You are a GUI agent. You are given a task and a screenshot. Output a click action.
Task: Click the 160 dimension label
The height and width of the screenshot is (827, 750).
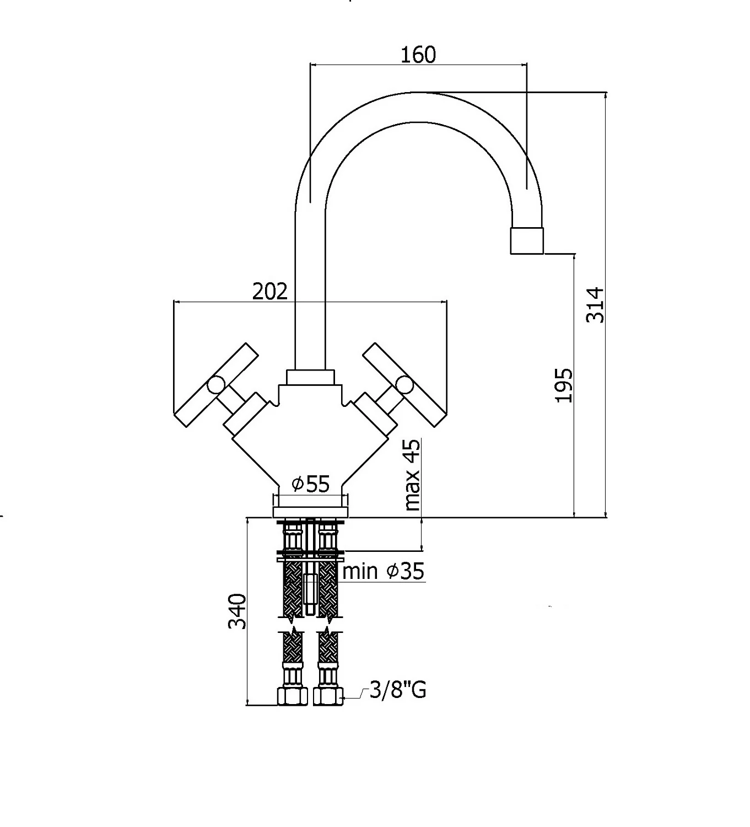click(x=418, y=55)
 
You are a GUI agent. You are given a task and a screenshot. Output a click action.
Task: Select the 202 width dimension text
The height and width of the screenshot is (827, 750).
click(x=270, y=291)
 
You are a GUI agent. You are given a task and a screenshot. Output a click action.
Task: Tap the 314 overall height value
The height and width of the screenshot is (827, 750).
click(x=595, y=305)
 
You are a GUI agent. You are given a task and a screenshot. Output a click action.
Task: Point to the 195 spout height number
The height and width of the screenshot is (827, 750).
click(x=564, y=385)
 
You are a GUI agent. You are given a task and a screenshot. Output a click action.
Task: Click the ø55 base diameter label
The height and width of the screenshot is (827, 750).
click(x=311, y=485)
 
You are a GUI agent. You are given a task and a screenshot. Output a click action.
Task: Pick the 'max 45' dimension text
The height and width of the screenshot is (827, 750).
click(x=412, y=475)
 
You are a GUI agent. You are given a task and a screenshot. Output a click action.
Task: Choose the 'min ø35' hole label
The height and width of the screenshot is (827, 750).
click(x=384, y=571)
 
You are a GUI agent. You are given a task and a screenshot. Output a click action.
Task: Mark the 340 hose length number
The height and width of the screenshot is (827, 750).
click(x=237, y=611)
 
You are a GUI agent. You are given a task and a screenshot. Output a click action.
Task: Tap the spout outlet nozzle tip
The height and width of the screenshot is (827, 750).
click(x=527, y=240)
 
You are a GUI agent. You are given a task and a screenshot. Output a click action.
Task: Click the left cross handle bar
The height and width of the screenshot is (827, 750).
click(x=217, y=385)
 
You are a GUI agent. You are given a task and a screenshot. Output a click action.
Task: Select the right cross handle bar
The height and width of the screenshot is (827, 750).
click(x=404, y=385)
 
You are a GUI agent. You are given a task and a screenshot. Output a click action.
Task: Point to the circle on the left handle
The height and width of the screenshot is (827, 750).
click(x=216, y=385)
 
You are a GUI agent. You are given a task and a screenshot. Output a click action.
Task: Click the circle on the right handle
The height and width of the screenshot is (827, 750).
click(x=405, y=385)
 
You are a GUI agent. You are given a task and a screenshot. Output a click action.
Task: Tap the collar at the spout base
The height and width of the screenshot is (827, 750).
click(x=311, y=377)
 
